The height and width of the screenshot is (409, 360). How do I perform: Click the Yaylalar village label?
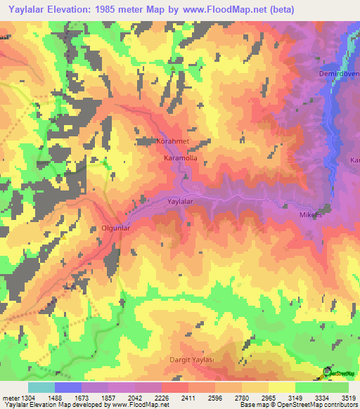pyautogui.click(x=180, y=202)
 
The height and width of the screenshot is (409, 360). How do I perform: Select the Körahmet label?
pyautogui.click(x=172, y=141)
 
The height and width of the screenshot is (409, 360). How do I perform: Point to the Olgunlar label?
pyautogui.click(x=112, y=228)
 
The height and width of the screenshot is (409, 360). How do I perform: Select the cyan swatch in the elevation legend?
pyautogui.click(x=41, y=387)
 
